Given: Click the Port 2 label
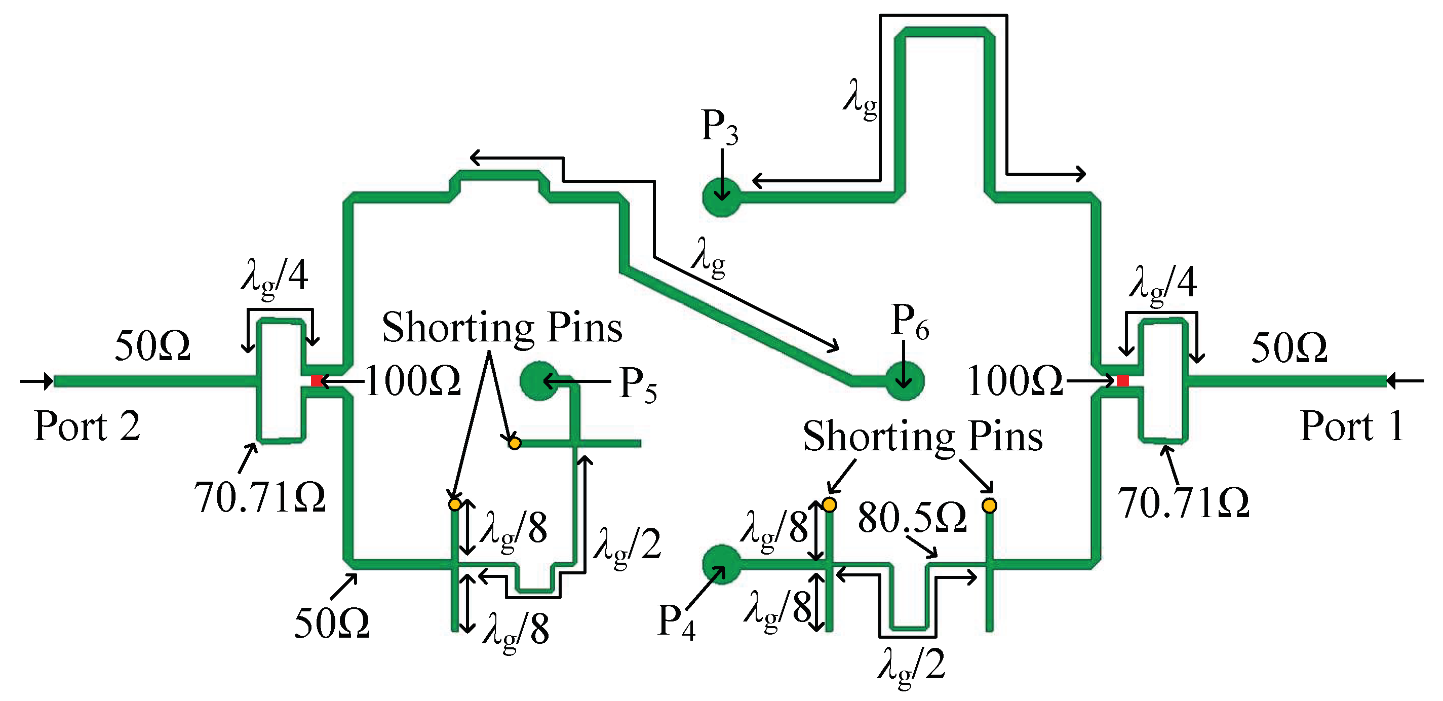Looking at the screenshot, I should [87, 426].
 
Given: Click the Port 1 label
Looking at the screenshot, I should [1351, 426].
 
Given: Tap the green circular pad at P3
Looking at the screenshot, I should [721, 197].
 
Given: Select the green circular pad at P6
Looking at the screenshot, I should [904, 381].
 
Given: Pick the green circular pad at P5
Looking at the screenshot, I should [538, 381].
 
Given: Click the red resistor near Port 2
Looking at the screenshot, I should [317, 381].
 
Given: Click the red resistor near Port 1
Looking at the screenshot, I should [1122, 381].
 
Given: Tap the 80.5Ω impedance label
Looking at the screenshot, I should [912, 518].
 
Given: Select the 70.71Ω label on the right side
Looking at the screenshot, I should [1183, 502].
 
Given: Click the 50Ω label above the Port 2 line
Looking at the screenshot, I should [152, 346].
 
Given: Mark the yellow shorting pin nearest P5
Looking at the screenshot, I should [514, 443].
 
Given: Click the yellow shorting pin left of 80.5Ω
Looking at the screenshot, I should [830, 505].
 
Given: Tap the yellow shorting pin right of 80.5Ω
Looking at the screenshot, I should [989, 505].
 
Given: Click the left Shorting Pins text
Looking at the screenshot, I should [502, 327].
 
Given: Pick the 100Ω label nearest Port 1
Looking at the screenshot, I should [1015, 381].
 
